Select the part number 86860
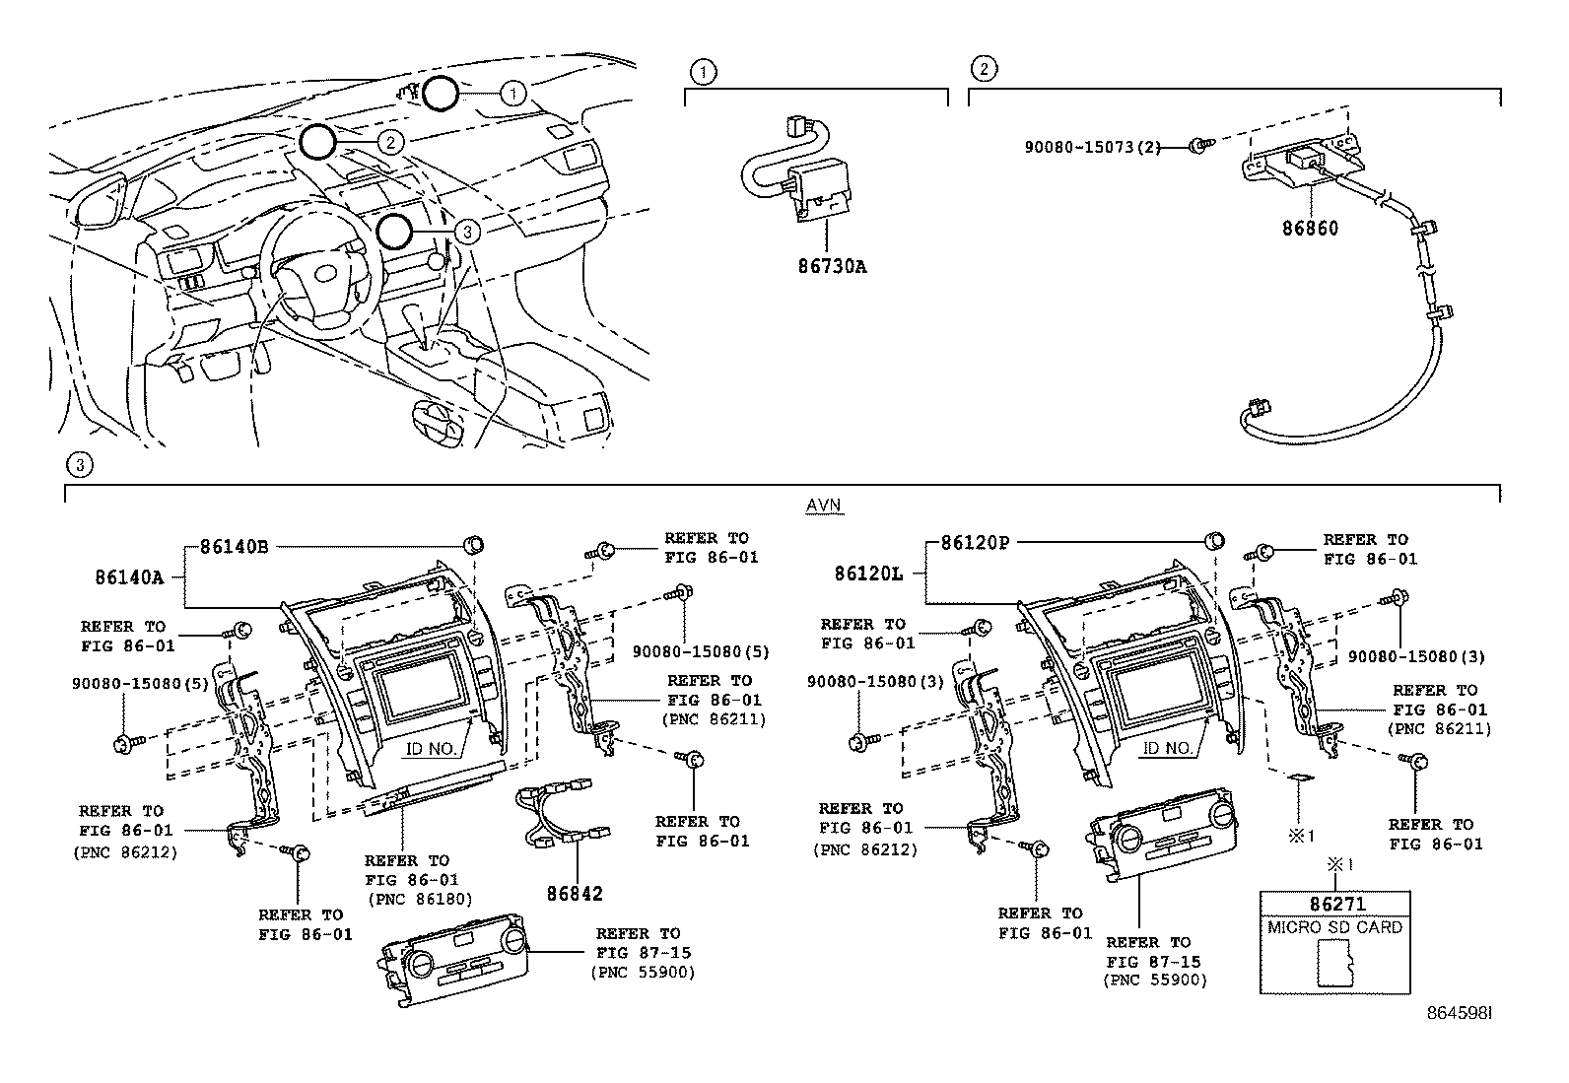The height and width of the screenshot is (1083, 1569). point(1310,228)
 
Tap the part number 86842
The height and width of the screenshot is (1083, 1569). point(575,894)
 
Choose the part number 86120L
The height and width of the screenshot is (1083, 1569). point(868,573)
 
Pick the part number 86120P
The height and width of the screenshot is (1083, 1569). point(976,542)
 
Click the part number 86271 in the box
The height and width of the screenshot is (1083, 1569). point(1335,904)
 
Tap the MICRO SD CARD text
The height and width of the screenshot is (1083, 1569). point(1335,927)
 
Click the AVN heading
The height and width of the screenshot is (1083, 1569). point(824,506)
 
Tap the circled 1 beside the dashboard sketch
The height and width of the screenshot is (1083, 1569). point(512,94)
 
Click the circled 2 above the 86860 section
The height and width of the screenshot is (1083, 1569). point(983,68)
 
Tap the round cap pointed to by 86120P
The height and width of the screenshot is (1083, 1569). point(1214,539)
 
